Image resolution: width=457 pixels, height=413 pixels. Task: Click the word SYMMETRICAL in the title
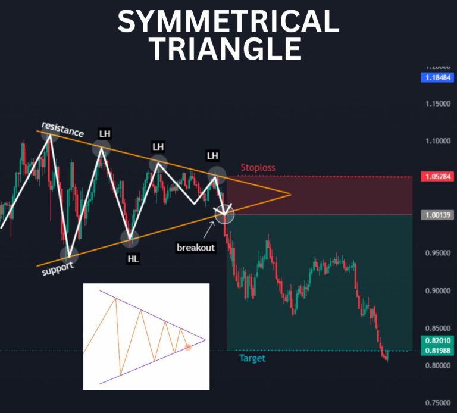[228, 23]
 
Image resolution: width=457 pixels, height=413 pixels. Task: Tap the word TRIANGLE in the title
[225, 49]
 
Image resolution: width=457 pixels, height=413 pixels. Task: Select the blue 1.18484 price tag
[437, 77]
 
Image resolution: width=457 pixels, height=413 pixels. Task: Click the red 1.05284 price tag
[437, 177]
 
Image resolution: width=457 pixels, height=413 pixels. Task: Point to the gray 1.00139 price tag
[437, 215]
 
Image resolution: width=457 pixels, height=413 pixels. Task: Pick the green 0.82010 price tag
[437, 340]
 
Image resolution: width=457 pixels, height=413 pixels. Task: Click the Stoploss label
[258, 168]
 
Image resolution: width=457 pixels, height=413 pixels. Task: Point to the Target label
[252, 358]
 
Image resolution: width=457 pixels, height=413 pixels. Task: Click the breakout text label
[196, 247]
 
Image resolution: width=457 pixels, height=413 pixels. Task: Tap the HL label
[133, 259]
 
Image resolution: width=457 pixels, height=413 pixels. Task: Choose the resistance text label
[62, 129]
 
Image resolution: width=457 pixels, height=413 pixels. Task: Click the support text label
[58, 268]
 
